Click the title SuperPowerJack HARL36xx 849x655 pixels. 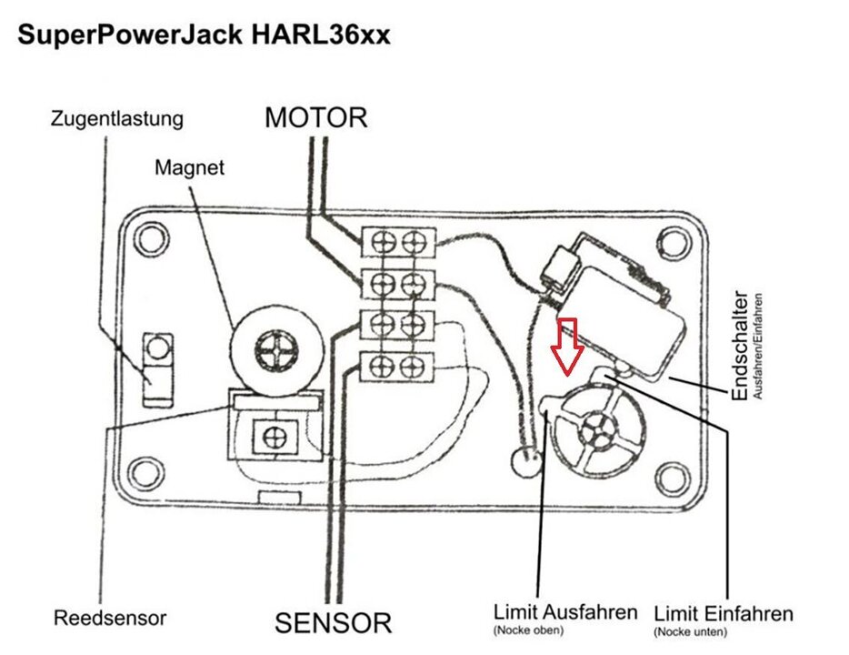[205, 35]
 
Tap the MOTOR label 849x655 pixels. [316, 117]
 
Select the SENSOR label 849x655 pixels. [333, 623]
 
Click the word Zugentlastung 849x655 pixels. [117, 118]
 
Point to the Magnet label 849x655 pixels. [189, 166]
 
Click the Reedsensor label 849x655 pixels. [110, 618]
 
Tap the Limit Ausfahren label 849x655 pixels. [565, 612]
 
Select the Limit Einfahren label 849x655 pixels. [724, 614]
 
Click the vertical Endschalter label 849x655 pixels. [740, 346]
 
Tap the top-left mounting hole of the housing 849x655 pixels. [151, 238]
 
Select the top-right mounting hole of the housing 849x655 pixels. [674, 243]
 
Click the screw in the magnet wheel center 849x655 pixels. [276, 351]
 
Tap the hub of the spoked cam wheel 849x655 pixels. [596, 431]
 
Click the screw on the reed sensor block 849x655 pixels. [275, 438]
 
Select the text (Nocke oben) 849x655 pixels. [528, 630]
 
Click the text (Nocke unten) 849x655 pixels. [690, 631]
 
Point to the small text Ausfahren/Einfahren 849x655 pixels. [757, 347]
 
